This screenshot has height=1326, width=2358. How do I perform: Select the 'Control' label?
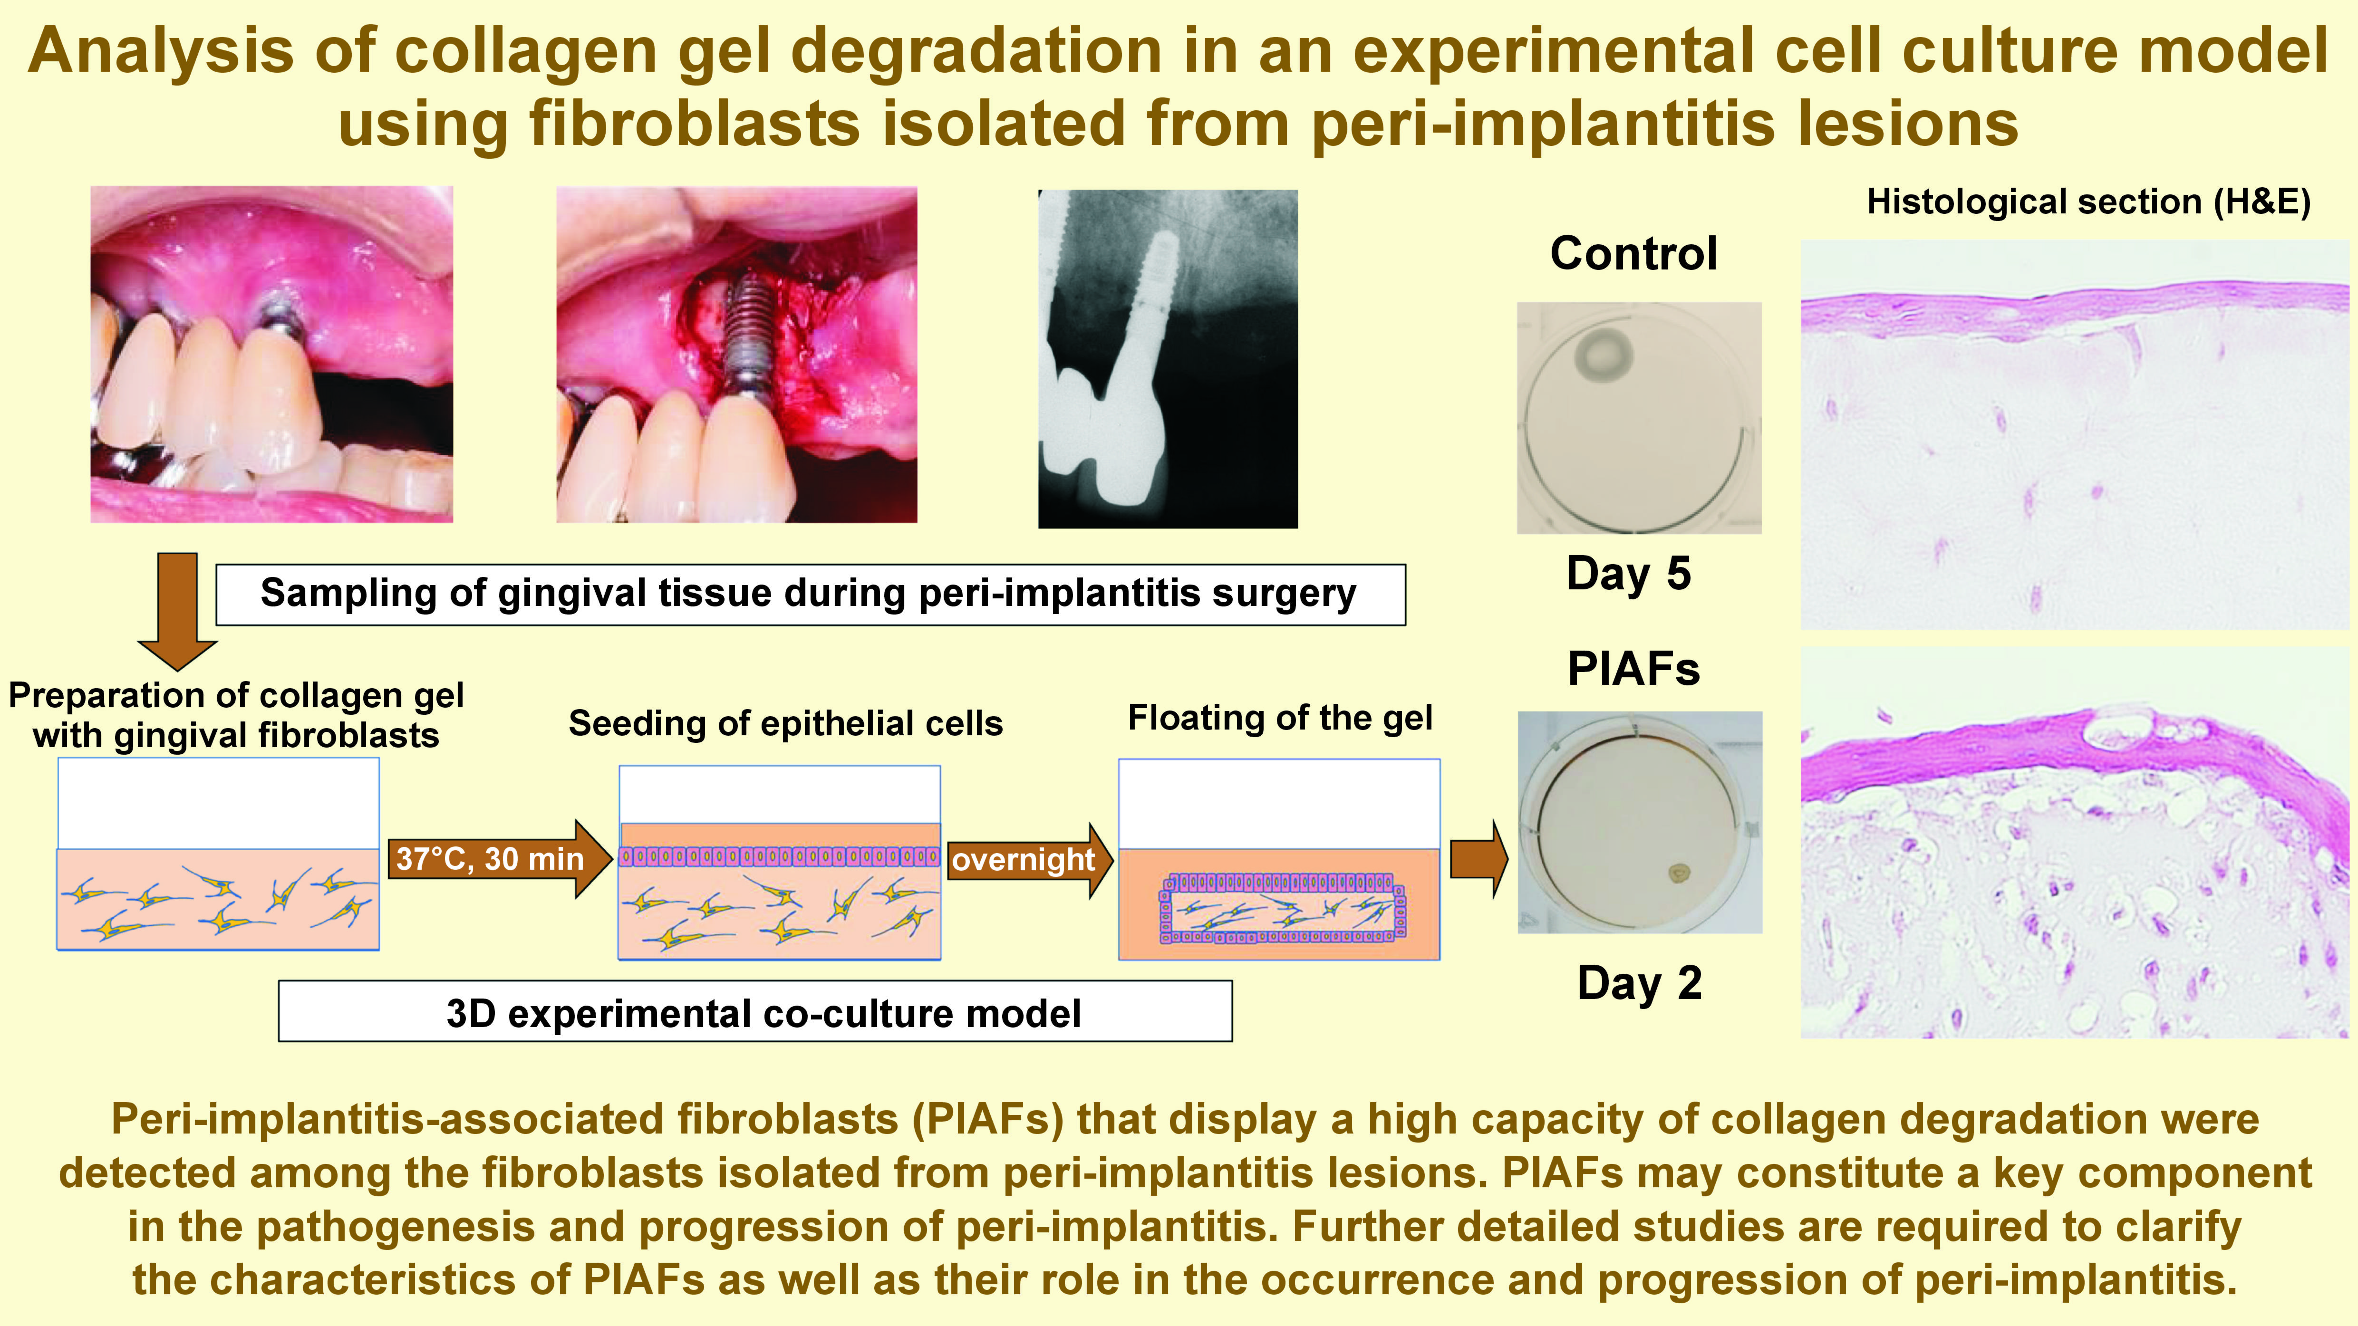pos(1634,253)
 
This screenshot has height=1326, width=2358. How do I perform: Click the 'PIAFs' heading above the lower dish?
pos(1634,669)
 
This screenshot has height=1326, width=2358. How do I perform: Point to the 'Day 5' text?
pos(1629,574)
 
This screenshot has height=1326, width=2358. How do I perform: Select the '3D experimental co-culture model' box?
pos(755,1012)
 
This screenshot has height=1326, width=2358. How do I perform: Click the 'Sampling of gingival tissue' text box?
pos(810,594)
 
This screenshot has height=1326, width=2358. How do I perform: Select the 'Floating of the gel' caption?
pos(1280,718)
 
